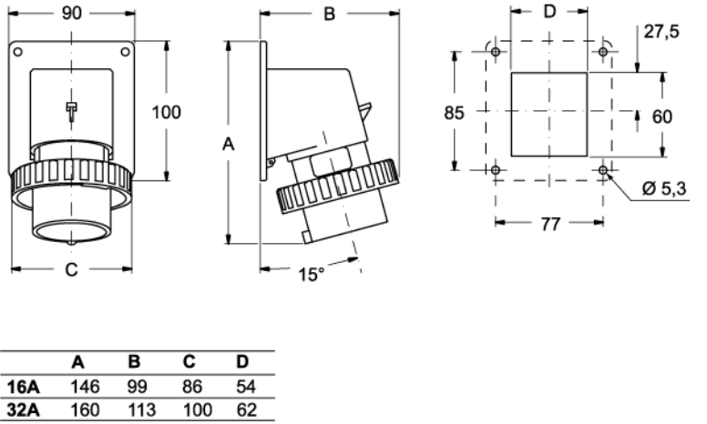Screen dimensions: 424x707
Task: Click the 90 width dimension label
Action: tap(71, 14)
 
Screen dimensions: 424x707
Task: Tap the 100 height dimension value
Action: tap(166, 113)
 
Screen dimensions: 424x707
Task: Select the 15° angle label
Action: tap(312, 274)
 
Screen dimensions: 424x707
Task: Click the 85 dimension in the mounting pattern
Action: tap(454, 113)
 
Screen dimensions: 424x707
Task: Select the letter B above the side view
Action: tap(330, 14)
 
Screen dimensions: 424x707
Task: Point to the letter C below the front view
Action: tap(71, 270)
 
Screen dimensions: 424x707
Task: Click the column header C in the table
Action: tap(192, 361)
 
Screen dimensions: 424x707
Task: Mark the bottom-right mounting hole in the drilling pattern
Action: tap(604, 170)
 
